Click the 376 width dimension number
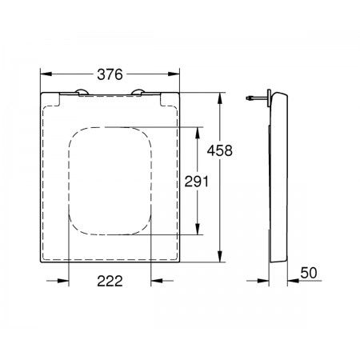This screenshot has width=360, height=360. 110,74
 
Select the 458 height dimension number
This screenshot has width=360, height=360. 220,150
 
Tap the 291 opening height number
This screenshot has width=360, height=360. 197,182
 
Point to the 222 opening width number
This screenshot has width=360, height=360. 110,281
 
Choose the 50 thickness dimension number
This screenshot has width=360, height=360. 309,273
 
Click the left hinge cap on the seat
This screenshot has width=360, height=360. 82,92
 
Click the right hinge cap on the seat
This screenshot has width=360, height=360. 138,92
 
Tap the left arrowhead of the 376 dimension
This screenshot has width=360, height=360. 46,74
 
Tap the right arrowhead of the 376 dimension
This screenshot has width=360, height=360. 174,74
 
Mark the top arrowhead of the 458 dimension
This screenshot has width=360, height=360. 220,98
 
